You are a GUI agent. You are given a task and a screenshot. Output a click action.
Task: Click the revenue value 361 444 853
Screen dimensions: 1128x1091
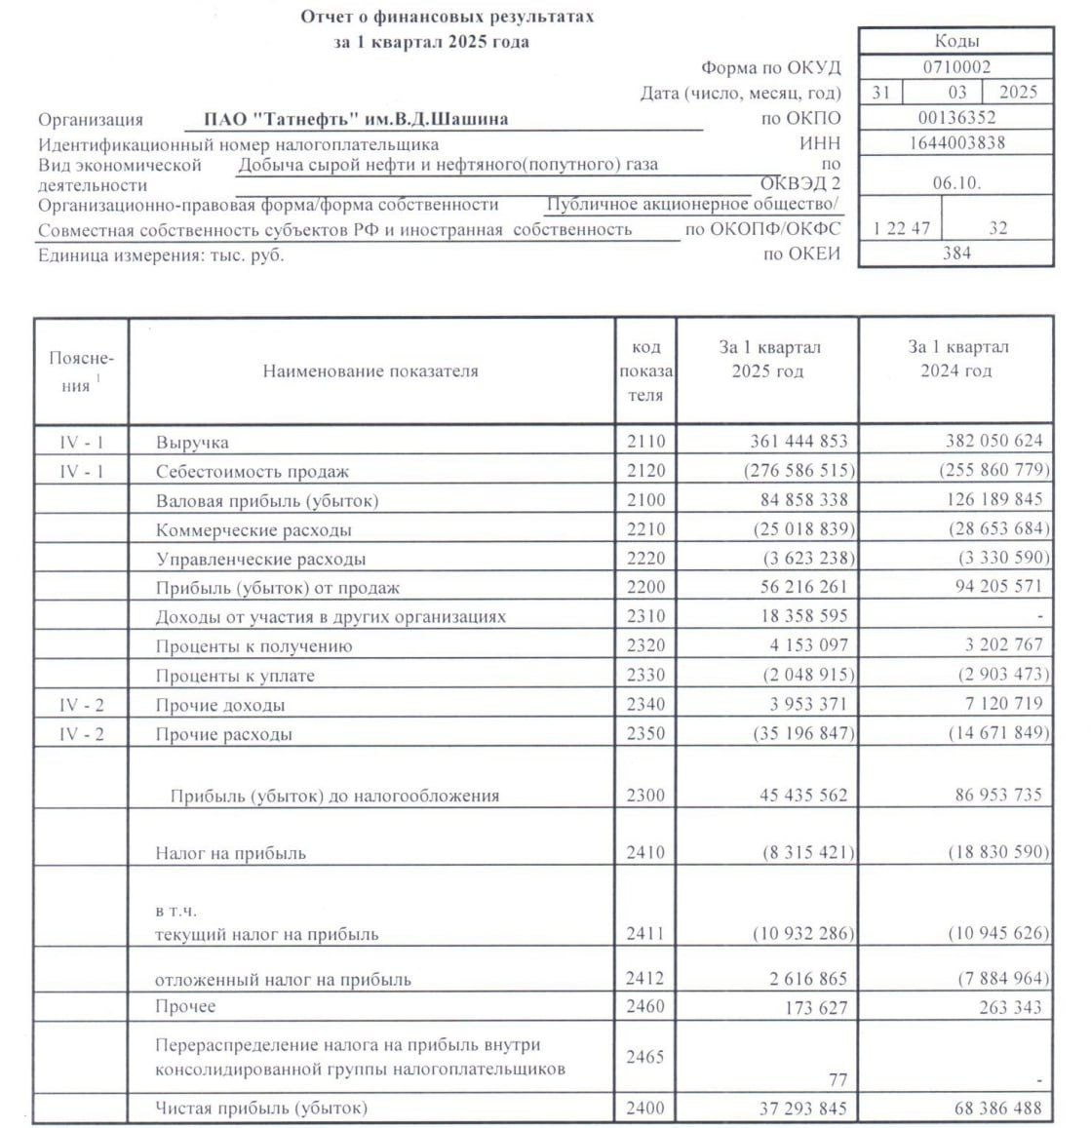point(786,441)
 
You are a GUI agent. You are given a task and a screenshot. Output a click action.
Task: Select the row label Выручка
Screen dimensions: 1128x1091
point(192,443)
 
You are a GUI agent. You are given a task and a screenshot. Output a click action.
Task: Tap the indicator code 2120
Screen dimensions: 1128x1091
point(645,471)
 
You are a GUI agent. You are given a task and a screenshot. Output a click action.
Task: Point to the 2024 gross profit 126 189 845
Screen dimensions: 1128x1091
point(981,500)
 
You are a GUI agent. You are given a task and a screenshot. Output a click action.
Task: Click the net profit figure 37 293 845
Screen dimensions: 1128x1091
point(786,1109)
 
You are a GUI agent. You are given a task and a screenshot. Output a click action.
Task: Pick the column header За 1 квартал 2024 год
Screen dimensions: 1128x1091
point(956,359)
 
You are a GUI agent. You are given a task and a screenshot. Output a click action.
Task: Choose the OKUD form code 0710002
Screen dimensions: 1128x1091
point(956,67)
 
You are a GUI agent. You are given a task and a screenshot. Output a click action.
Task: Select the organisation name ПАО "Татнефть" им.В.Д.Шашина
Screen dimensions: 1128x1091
point(356,120)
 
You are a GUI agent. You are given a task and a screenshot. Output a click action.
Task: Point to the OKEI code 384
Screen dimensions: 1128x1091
point(956,253)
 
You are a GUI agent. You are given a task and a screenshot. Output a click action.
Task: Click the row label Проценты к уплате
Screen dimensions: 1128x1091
point(235,676)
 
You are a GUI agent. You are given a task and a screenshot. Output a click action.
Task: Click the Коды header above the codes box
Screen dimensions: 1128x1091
point(956,41)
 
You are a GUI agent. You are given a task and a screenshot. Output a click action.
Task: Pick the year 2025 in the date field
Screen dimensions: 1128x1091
point(1019,93)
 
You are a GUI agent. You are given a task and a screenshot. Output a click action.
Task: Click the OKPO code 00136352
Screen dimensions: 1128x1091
point(956,119)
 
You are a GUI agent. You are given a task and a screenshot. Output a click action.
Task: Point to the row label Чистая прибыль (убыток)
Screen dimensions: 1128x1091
point(261,1109)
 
